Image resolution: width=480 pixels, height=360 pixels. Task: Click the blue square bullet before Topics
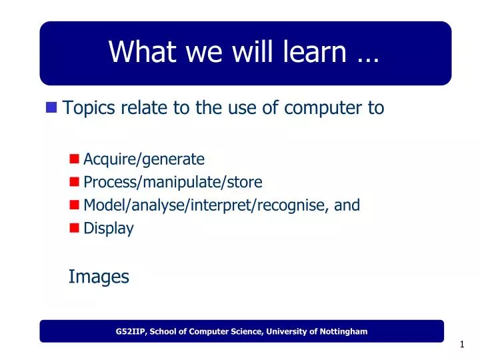tap(52, 107)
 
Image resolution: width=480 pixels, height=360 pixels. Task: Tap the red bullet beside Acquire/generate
tap(75, 159)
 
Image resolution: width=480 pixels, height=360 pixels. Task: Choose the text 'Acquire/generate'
tap(143, 159)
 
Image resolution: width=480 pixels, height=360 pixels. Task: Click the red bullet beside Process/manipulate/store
tap(75, 182)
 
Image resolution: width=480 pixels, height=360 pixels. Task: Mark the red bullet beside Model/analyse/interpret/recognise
tap(75, 205)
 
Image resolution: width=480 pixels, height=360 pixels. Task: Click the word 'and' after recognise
tap(347, 205)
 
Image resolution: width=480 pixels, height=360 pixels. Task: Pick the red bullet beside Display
tap(75, 228)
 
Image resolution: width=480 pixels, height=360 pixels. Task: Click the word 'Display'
tap(108, 228)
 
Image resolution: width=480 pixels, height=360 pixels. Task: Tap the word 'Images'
tap(99, 276)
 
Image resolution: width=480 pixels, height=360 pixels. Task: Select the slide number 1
tap(461, 345)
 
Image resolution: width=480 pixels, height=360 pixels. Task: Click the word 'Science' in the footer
tap(251, 331)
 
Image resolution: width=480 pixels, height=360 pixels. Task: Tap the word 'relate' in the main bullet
tap(144, 108)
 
